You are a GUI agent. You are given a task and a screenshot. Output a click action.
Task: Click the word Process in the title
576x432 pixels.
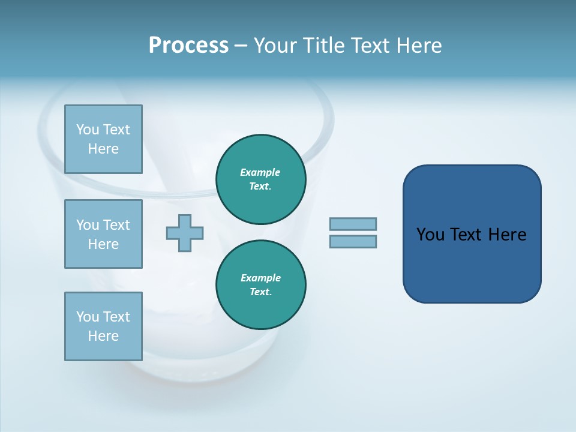point(188,46)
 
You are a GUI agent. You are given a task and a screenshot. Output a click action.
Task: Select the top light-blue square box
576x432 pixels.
point(103,139)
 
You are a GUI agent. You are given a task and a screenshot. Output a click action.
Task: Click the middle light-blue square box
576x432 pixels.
point(103,234)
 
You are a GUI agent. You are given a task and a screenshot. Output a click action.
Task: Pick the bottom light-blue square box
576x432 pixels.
point(103,326)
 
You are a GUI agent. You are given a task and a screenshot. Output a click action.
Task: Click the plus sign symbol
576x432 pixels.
point(185,233)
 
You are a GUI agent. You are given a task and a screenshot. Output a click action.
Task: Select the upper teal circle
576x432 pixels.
point(261,179)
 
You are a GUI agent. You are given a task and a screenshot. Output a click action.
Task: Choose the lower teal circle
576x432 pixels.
point(261,285)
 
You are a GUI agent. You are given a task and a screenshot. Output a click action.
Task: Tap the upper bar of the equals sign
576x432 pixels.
point(353,224)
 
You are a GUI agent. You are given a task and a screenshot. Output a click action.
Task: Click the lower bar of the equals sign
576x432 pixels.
point(353,241)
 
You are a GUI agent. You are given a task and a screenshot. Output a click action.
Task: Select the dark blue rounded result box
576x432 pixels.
point(472,234)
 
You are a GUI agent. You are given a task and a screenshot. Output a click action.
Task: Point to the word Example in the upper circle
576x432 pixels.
point(260,172)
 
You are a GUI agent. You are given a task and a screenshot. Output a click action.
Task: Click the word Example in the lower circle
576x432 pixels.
point(260,278)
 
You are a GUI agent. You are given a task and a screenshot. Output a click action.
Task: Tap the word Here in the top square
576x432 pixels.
point(103,149)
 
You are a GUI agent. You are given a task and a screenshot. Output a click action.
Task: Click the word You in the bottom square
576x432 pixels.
point(88,317)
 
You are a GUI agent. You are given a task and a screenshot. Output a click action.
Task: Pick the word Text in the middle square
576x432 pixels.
point(116,225)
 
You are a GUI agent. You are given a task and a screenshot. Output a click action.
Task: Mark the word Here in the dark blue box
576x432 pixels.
point(507,235)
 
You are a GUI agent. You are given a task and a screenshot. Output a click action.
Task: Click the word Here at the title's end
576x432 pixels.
point(418,46)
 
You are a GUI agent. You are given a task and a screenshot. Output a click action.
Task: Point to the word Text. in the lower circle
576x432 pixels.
point(260,292)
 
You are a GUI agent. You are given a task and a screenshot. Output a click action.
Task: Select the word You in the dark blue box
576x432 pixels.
point(430,235)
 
